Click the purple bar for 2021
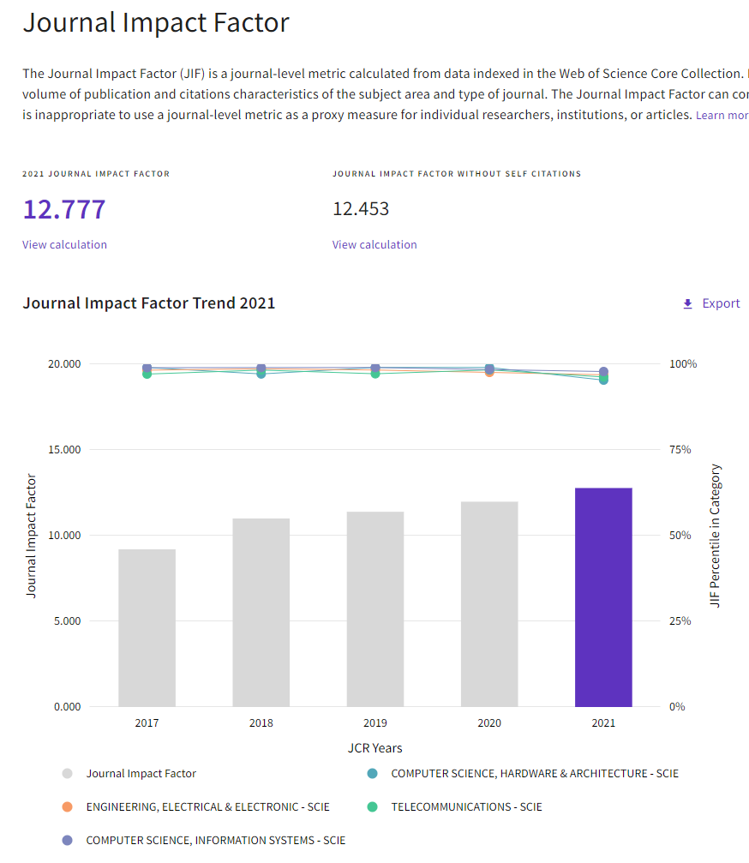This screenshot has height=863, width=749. pyautogui.click(x=603, y=597)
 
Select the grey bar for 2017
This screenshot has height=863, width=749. pyautogui.click(x=147, y=627)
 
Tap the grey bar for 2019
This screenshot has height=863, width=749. pyautogui.click(x=374, y=608)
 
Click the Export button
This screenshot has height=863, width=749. pyautogui.click(x=710, y=303)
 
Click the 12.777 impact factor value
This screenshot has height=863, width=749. pyautogui.click(x=64, y=209)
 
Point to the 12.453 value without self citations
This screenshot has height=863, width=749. pyautogui.click(x=361, y=209)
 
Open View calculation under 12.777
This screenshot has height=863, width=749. pyautogui.click(x=65, y=244)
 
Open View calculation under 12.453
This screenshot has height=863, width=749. pyautogui.click(x=374, y=244)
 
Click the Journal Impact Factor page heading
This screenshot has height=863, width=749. pyautogui.click(x=156, y=23)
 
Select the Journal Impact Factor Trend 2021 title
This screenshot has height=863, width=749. pyautogui.click(x=149, y=303)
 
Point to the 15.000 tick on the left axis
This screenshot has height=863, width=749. pyautogui.click(x=62, y=449)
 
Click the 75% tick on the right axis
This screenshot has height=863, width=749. pyautogui.click(x=680, y=449)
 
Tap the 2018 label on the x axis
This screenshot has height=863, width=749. pyautogui.click(x=261, y=722)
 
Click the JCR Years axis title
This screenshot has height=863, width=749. pyautogui.click(x=374, y=748)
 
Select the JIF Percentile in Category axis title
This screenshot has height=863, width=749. pyautogui.click(x=716, y=536)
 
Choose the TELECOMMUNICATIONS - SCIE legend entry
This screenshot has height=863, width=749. pyautogui.click(x=466, y=806)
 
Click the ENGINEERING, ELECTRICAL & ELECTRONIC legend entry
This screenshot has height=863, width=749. pyautogui.click(x=207, y=806)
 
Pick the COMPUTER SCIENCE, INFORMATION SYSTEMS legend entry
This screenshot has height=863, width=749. pyautogui.click(x=215, y=840)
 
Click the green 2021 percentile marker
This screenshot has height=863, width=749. pyautogui.click(x=603, y=380)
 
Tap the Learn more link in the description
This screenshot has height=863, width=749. pyautogui.click(x=722, y=115)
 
